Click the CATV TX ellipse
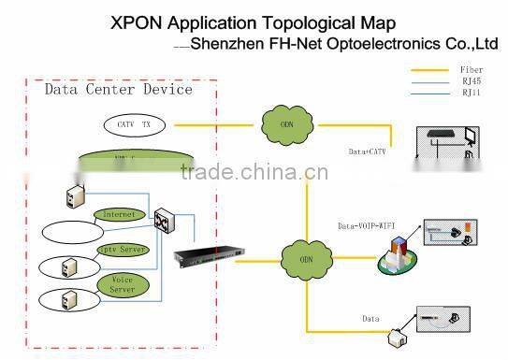pos(133,124)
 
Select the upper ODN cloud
pos(285,123)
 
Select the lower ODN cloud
pos(305,258)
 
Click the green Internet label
pos(120,214)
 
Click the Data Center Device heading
pos(119,90)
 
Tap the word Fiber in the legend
pos(472,70)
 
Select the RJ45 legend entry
pos(472,81)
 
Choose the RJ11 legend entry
pos(472,94)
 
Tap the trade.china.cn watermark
pos(254,172)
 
